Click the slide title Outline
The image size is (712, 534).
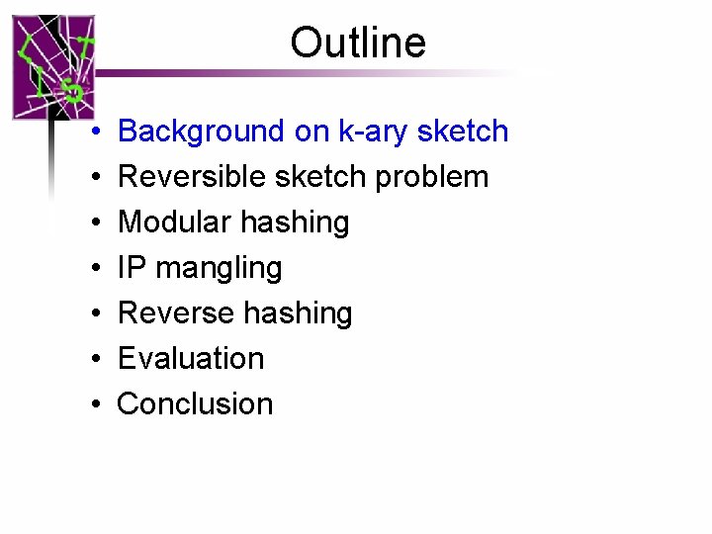358,44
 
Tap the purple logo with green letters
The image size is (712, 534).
53,67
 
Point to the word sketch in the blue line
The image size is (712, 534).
463,132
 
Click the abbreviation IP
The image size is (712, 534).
130,268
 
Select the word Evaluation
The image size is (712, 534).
191,358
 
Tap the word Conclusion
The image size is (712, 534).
195,403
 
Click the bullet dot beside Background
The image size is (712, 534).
91,133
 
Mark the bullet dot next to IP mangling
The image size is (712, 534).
91,269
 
